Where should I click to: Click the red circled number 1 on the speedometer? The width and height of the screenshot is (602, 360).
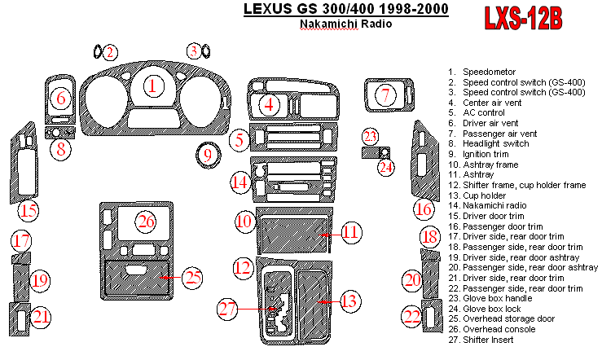pyautogui.click(x=154, y=84)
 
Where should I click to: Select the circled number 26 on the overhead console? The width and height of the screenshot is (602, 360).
pyautogui.click(x=146, y=222)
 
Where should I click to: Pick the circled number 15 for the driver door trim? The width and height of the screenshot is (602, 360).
pyautogui.click(x=29, y=212)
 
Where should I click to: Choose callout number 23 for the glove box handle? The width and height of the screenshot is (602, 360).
pyautogui.click(x=371, y=136)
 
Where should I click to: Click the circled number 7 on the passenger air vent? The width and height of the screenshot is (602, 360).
pyautogui.click(x=385, y=96)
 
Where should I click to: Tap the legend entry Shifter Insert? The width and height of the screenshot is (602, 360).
pyautogui.click(x=490, y=339)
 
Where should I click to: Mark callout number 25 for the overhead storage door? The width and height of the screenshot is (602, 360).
pyautogui.click(x=191, y=278)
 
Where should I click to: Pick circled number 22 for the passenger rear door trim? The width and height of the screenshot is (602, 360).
pyautogui.click(x=415, y=316)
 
